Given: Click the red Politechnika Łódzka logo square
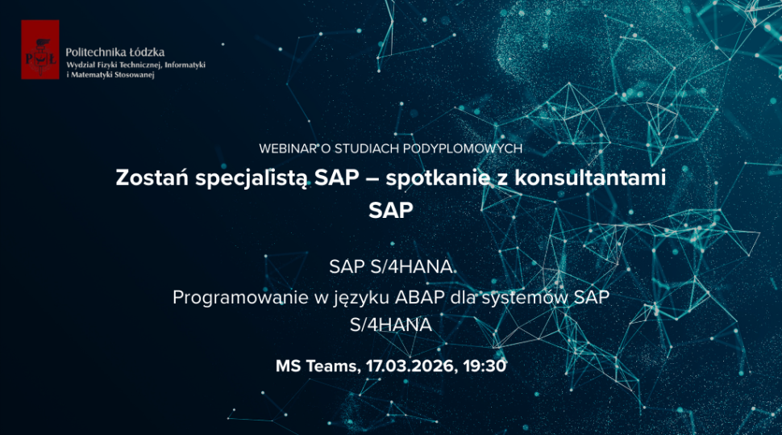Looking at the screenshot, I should (x=40, y=49).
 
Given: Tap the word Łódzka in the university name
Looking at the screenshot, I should (x=147, y=52).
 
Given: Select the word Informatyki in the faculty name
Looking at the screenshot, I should (x=185, y=64).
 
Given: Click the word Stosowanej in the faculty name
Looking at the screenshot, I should (x=130, y=74).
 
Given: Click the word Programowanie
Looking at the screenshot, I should (x=241, y=298).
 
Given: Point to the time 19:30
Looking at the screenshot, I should (x=485, y=366).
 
